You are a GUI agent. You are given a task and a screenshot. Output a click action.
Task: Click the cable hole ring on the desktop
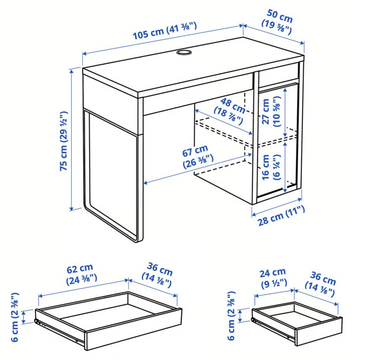coord(184,52)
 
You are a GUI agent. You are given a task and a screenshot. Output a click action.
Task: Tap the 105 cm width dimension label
coord(165,31)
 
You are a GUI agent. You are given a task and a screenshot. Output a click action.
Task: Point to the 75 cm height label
coord(63,141)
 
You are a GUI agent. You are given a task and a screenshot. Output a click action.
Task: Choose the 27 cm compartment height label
coord(271,112)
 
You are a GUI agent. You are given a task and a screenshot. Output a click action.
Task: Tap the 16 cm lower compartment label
coord(271,167)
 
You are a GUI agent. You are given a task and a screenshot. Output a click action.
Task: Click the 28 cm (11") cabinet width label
coord(281,216)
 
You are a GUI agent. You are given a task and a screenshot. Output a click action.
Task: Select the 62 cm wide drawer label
coord(81,274)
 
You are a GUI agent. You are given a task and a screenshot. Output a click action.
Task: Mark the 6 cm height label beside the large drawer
coord(15,317)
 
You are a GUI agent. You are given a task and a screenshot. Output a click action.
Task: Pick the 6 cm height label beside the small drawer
coord(232,316)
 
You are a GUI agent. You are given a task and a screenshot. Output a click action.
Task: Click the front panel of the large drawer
coord(133,329)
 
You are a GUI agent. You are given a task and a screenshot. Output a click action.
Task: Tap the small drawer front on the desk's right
coord(279,75)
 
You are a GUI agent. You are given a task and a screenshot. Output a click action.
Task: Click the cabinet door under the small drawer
coord(277,141)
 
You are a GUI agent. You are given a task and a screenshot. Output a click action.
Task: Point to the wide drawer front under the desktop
coord(198,94)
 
